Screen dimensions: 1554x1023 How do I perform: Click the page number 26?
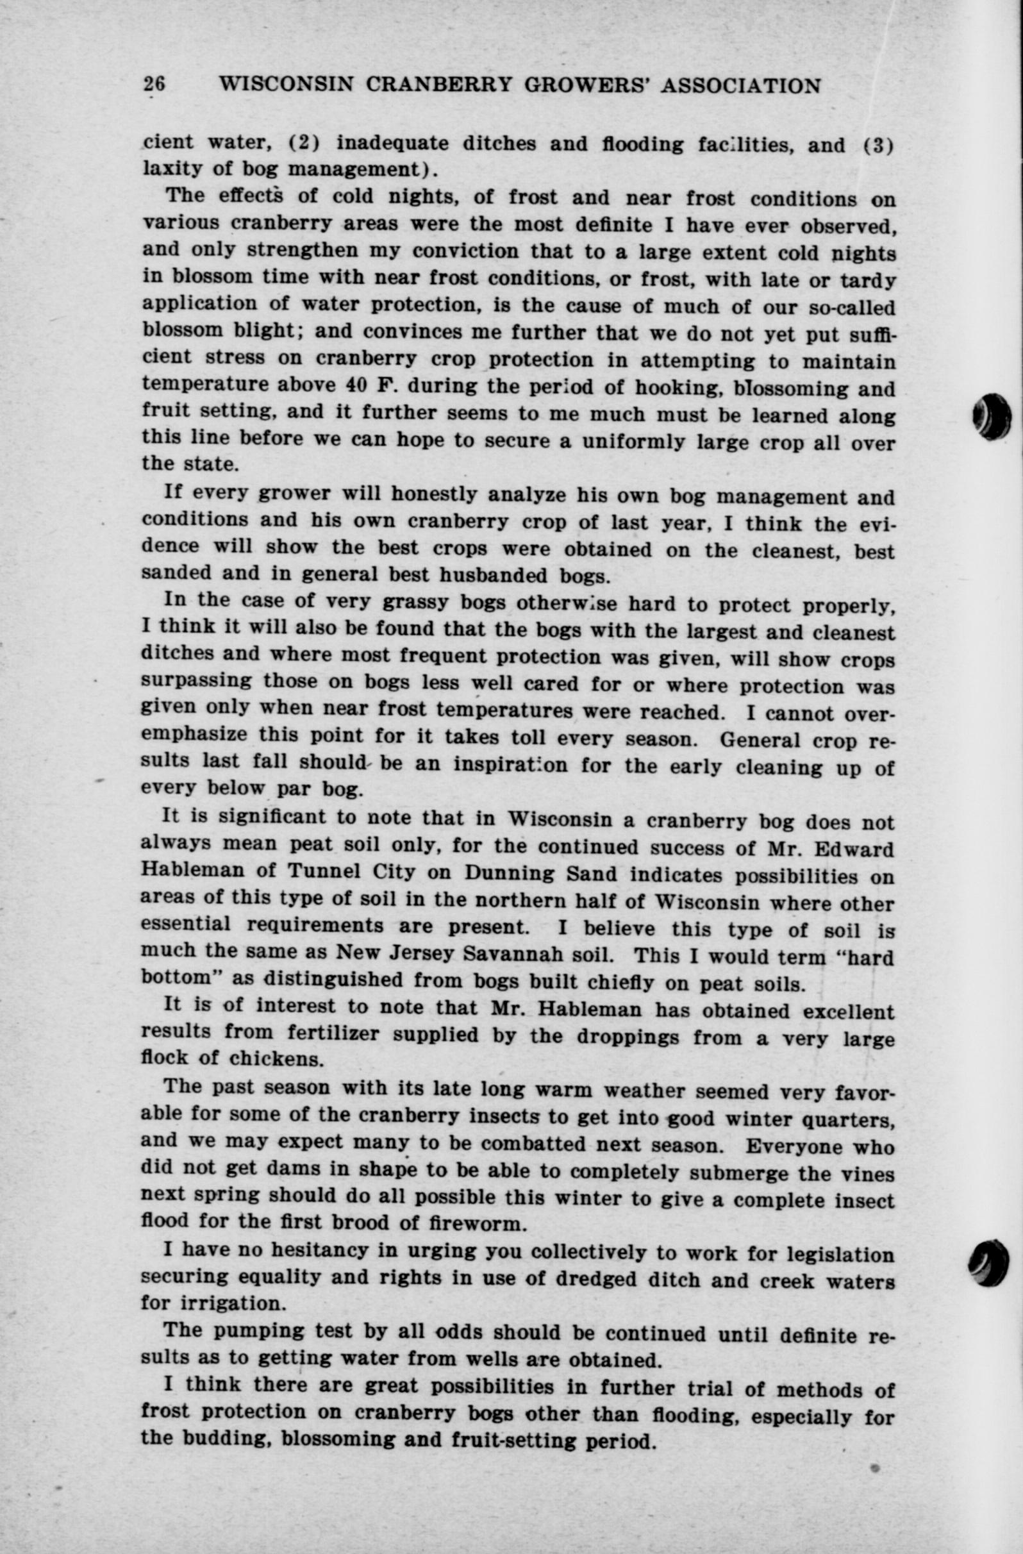[x=154, y=85]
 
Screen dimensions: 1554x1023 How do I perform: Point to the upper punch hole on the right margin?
[x=992, y=416]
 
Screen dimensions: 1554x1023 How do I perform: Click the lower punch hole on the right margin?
[x=991, y=1262]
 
